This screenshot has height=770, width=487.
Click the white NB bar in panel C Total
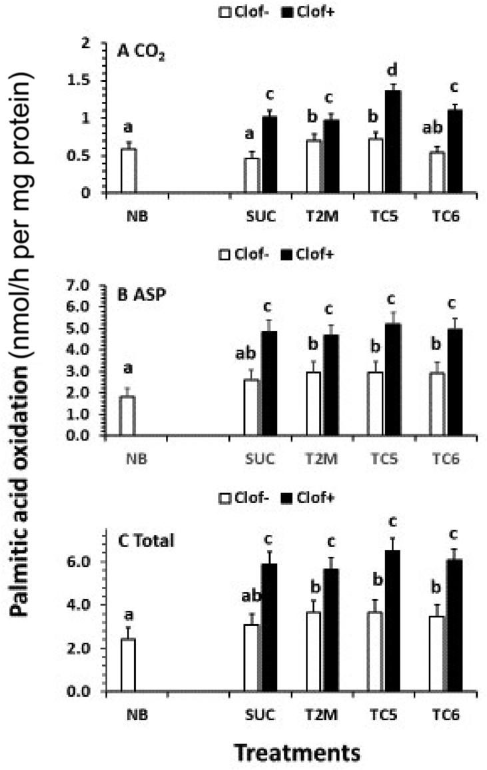(x=127, y=665)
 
